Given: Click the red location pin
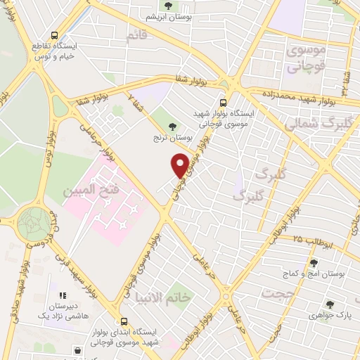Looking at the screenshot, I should [180, 165].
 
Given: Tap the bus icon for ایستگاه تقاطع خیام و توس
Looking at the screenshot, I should [55, 35].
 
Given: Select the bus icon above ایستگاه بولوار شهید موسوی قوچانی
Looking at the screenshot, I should [224, 101].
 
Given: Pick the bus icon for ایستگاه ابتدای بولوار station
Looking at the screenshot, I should [124, 321].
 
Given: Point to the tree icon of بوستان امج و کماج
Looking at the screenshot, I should [314, 262].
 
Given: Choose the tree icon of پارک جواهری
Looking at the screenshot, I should [330, 304].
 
